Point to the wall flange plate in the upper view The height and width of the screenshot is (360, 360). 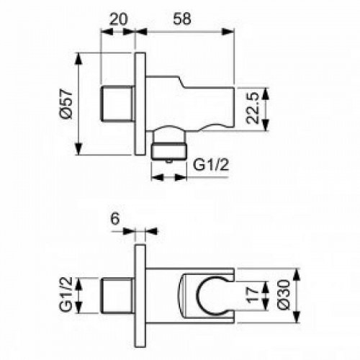pos(140,104)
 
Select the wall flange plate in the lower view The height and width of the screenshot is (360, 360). pos(140,295)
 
